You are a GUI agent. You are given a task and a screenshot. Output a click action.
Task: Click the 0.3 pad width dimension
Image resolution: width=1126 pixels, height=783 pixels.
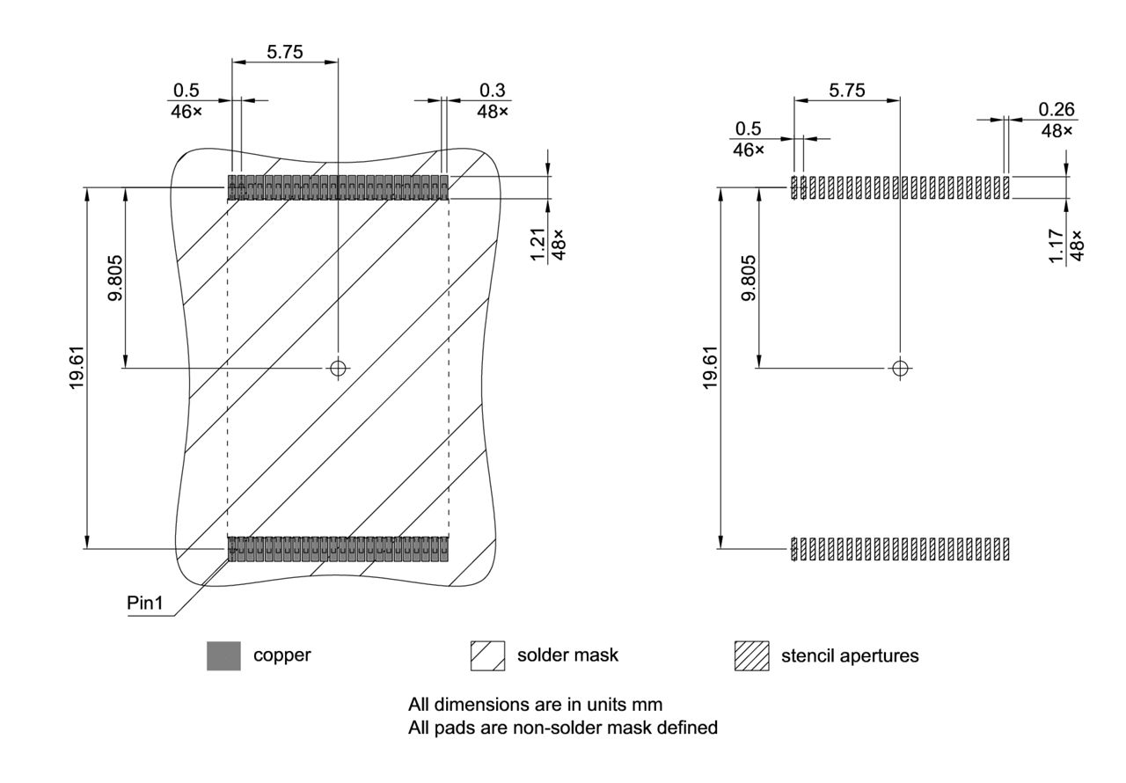pyautogui.click(x=492, y=91)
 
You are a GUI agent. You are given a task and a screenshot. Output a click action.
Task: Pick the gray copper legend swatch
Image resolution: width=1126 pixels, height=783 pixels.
pyautogui.click(x=223, y=656)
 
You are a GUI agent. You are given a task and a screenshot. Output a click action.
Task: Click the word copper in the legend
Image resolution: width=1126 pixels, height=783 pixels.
pyautogui.click(x=281, y=655)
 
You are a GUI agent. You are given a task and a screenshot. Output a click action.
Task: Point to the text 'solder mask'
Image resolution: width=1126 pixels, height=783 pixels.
pyautogui.click(x=567, y=655)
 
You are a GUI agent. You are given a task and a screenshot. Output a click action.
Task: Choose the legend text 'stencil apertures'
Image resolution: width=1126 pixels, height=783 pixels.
pyautogui.click(x=850, y=655)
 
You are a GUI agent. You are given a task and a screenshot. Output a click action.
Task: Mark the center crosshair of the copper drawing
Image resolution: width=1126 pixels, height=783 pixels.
pyautogui.click(x=338, y=368)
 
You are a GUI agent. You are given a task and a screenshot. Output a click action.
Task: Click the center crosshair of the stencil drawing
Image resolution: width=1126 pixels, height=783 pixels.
pyautogui.click(x=899, y=368)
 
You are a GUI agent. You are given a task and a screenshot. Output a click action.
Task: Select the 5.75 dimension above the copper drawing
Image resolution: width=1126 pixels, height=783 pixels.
pyautogui.click(x=285, y=52)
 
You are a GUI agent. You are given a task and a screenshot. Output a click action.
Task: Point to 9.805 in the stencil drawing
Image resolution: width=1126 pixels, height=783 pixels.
pyautogui.click(x=749, y=278)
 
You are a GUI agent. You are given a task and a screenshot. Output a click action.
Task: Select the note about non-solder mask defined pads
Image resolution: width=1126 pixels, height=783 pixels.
pyautogui.click(x=563, y=728)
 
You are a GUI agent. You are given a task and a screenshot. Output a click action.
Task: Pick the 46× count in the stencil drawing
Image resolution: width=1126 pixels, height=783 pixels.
pyautogui.click(x=748, y=150)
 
